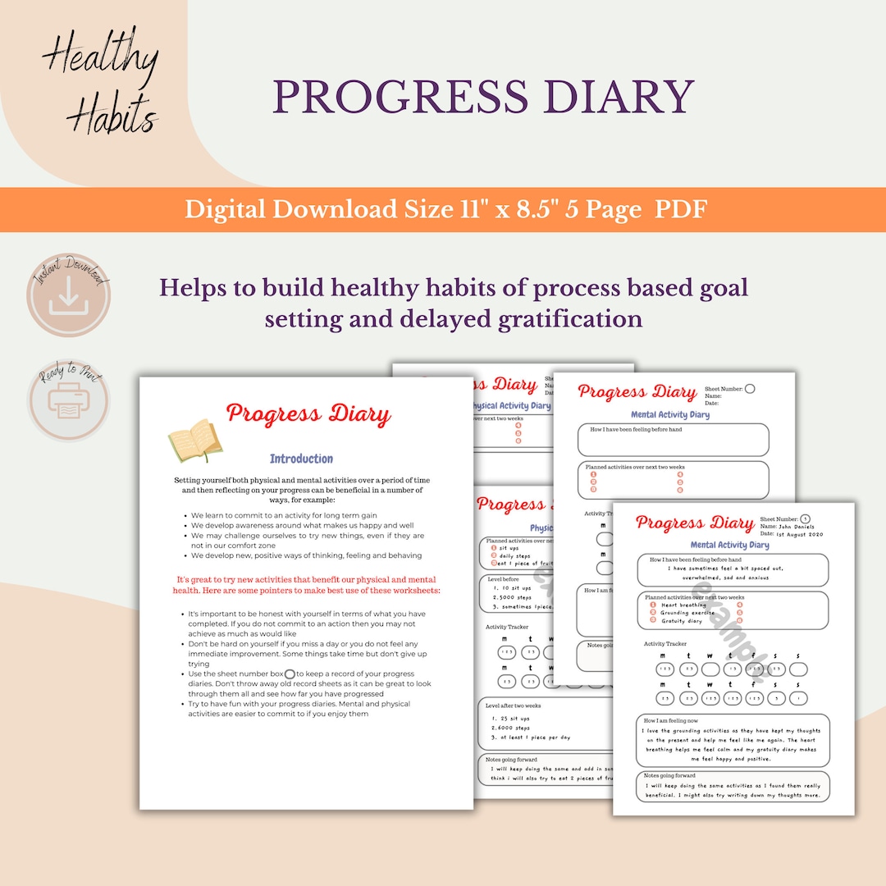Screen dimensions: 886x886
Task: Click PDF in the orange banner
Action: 680,209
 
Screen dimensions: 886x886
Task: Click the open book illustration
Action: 194,441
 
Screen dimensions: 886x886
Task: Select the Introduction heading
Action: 301,459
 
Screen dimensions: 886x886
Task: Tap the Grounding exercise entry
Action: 687,613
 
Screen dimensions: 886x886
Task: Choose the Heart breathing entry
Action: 683,605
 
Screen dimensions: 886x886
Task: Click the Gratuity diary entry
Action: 683,621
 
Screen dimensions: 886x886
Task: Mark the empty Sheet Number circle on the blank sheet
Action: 749,388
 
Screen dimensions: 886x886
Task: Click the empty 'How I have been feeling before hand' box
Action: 673,441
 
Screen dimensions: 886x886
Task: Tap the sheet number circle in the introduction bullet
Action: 289,674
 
